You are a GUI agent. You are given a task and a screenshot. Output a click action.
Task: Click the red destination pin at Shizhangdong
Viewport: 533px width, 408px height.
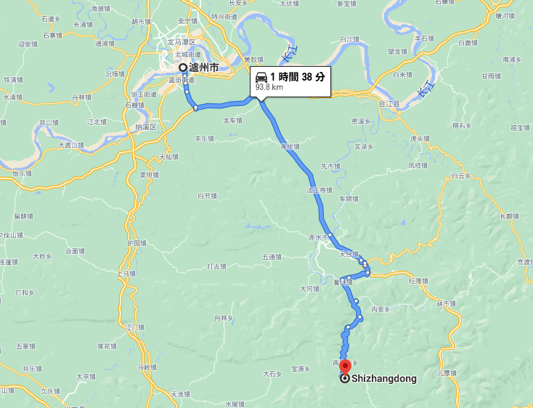(x=345, y=366)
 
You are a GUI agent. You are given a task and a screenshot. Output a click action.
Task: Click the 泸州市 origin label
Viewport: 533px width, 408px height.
(x=203, y=68)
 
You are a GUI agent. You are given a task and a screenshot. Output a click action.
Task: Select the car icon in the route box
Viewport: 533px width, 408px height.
(x=261, y=77)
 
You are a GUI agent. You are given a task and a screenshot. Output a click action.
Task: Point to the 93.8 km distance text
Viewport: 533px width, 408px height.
(x=269, y=88)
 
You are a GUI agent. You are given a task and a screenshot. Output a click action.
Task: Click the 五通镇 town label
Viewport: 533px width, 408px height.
(x=271, y=256)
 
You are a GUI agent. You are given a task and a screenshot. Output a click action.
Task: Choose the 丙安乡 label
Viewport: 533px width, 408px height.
(x=381, y=309)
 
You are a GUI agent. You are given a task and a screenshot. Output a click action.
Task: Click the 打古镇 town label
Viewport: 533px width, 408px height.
(x=217, y=266)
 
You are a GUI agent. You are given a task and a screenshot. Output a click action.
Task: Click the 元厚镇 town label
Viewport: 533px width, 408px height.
(x=447, y=373)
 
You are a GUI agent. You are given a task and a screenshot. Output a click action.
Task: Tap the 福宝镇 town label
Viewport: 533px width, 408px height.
(x=520, y=128)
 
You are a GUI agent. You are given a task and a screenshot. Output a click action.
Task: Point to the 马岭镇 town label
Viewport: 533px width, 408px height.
(x=148, y=367)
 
